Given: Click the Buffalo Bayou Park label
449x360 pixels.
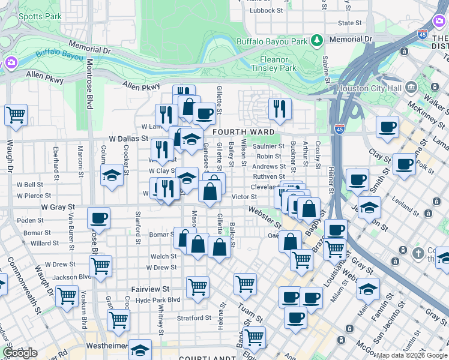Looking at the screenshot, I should pyautogui.click(x=272, y=41).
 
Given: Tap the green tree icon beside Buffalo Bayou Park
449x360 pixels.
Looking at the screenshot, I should pyautogui.click(x=317, y=41).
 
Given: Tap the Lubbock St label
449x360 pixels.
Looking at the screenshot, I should pyautogui.click(x=267, y=10).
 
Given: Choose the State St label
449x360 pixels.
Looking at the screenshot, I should pyautogui.click(x=350, y=23).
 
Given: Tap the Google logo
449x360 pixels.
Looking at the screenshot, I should pyautogui.click(x=19, y=353).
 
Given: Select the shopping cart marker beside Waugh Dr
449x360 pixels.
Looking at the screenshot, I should pyautogui.click(x=16, y=114).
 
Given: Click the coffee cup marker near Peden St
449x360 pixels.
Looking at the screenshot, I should pyautogui.click(x=98, y=218).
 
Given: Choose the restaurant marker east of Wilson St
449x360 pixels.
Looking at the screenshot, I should pyautogui.click(x=280, y=109).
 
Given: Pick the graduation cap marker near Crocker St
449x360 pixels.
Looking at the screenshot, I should pyautogui.click(x=112, y=176).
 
